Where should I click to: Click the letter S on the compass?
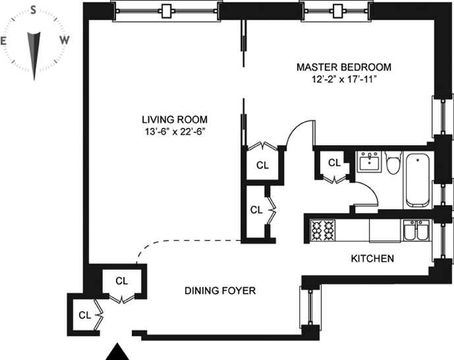pyautogui.click(x=34, y=11)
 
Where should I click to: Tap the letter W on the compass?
pyautogui.click(x=65, y=40)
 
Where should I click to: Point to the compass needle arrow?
pyautogui.click(x=34, y=55)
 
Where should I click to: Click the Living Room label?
pyautogui.click(x=175, y=119)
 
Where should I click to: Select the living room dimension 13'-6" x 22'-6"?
pyautogui.click(x=175, y=132)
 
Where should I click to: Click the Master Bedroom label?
pyautogui.click(x=344, y=67)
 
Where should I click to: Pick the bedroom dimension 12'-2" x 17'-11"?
pyautogui.click(x=344, y=79)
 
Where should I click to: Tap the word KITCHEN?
pyautogui.click(x=372, y=258)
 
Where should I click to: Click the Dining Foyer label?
pyautogui.click(x=220, y=291)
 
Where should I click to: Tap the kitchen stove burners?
pyautogui.click(x=323, y=231)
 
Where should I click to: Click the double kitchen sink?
pyautogui.click(x=416, y=231)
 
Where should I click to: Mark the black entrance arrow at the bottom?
pyautogui.click(x=117, y=351)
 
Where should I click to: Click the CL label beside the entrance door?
pyautogui.click(x=85, y=315)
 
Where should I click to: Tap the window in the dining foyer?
pyautogui.click(x=310, y=307)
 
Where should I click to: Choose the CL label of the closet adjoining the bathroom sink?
pyautogui.click(x=335, y=163)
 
